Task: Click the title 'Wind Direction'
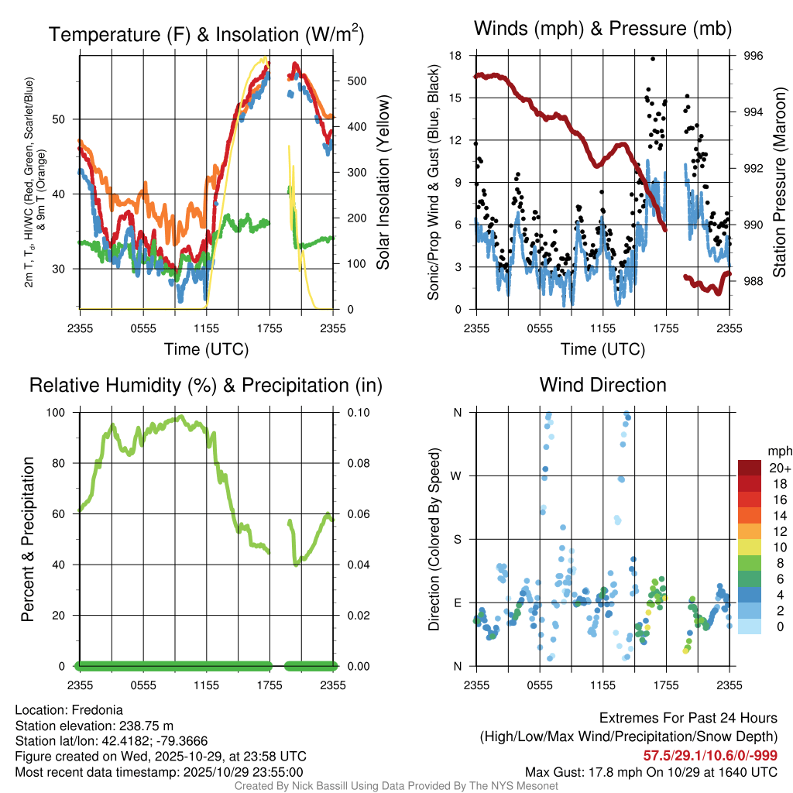click(602, 385)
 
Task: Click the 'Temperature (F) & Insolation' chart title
click(206, 35)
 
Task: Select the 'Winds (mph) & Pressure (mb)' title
click(602, 29)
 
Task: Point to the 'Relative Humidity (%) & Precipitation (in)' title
click(206, 385)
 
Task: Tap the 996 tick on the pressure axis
click(754, 56)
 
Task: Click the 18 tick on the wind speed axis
click(455, 56)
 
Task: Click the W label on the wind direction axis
click(457, 475)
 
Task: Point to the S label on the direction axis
click(458, 539)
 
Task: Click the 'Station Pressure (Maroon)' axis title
click(780, 182)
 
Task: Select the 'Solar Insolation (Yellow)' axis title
click(383, 182)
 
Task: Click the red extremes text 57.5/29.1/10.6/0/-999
click(710, 755)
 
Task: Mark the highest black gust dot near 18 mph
click(653, 59)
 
